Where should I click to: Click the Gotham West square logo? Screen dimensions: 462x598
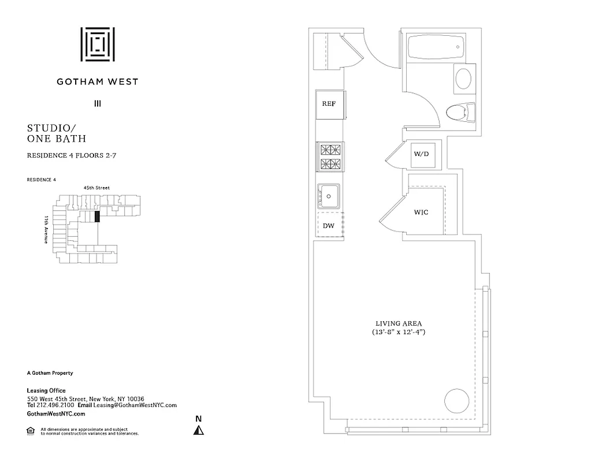click(97, 44)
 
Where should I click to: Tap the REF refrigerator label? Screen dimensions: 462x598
click(329, 104)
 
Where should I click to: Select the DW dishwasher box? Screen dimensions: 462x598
click(329, 225)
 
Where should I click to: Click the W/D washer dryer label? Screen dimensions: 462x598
click(420, 154)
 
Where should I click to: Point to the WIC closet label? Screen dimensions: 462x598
click(421, 213)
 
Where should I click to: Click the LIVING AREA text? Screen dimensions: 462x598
click(399, 323)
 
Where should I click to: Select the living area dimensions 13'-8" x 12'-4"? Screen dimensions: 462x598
click(399, 333)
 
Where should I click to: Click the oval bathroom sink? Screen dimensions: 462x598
click(463, 79)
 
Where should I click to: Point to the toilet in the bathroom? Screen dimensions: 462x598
click(461, 111)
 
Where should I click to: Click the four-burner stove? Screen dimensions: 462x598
click(331, 157)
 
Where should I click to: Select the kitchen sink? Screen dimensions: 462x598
click(329, 196)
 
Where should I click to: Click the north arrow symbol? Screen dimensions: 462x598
click(199, 430)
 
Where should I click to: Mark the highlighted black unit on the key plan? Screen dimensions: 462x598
click(97, 217)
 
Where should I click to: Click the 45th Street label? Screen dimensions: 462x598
click(96, 188)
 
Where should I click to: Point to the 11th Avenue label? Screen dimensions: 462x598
click(46, 229)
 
